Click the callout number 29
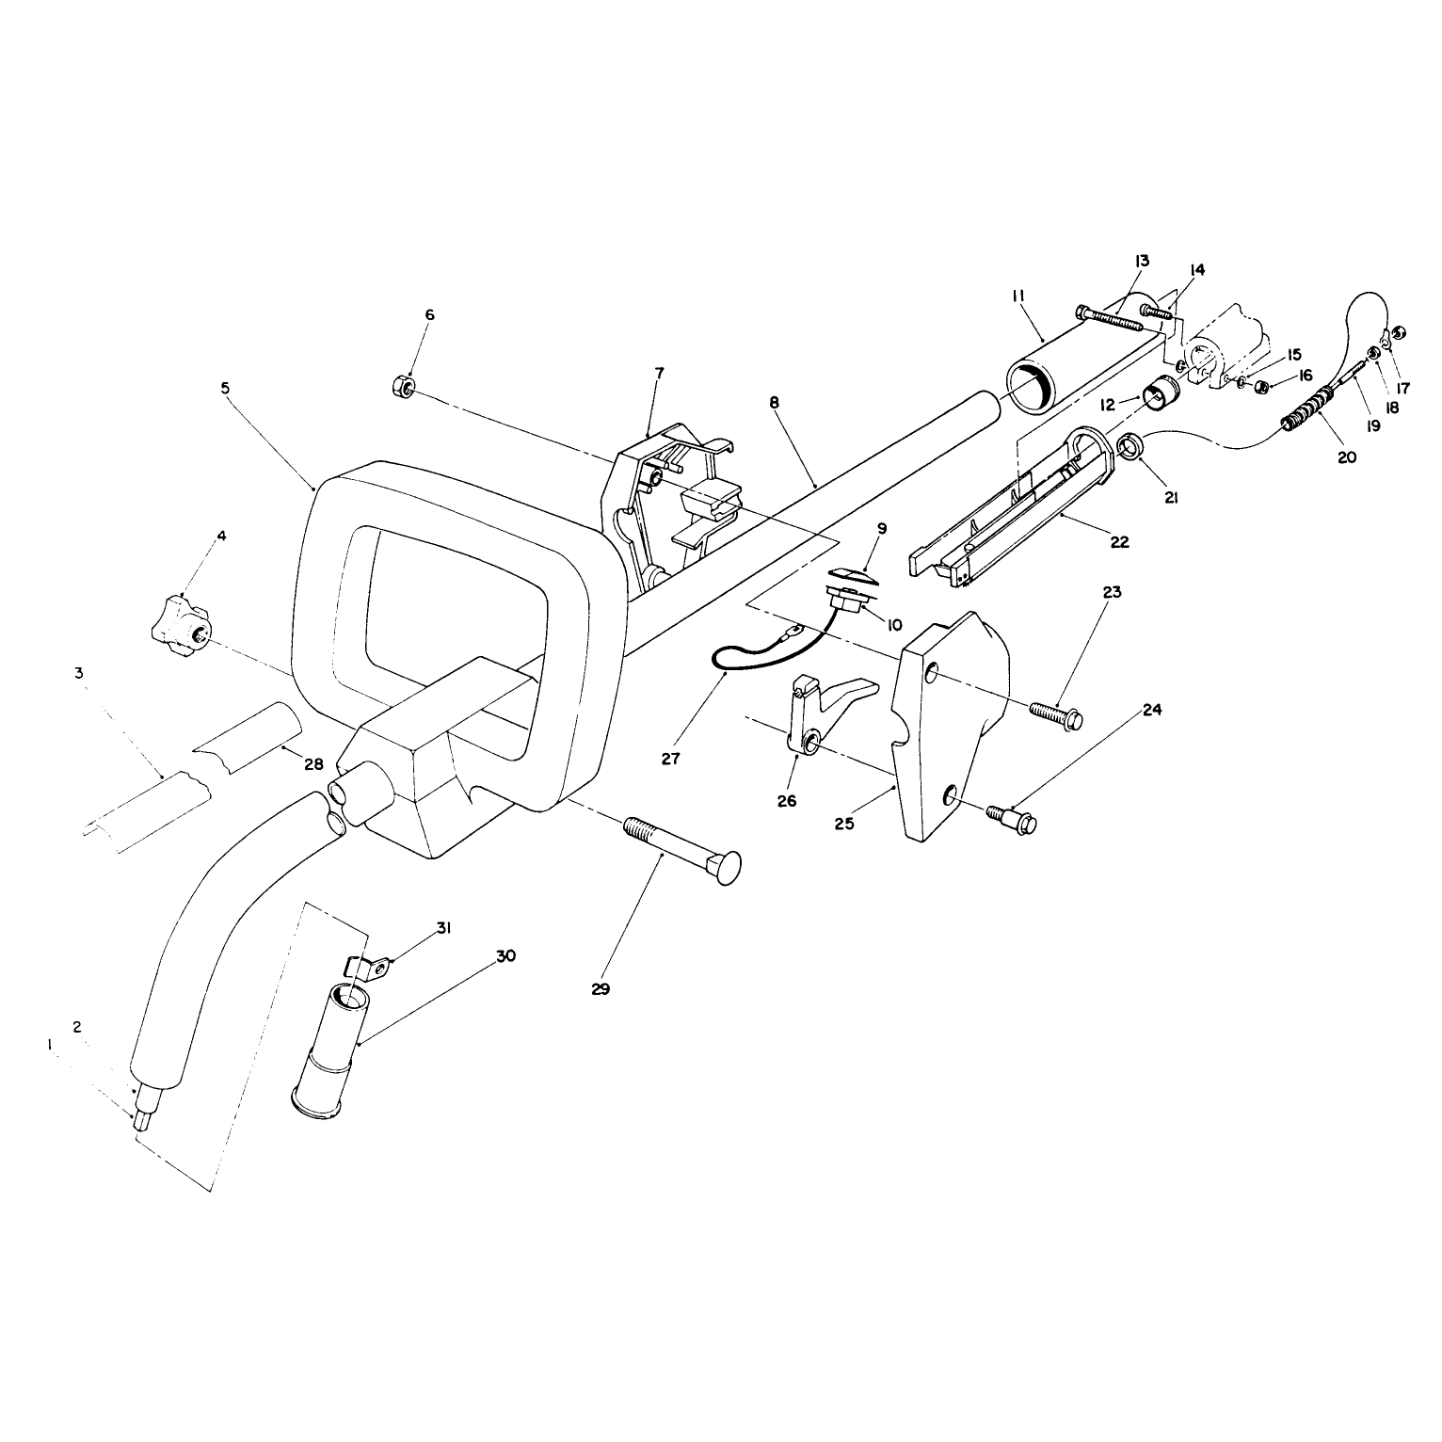point(601,989)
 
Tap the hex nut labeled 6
point(399,384)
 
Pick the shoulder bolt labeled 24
point(1012,816)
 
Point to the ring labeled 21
point(1130,446)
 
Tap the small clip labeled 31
point(369,968)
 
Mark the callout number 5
point(225,387)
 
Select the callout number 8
point(774,402)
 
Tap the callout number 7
point(658,373)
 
